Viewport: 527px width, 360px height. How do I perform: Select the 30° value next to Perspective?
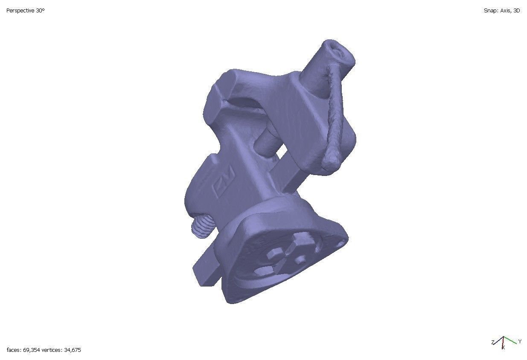point(40,11)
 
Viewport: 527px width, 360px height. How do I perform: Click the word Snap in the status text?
point(489,11)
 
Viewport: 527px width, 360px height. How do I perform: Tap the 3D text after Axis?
point(516,11)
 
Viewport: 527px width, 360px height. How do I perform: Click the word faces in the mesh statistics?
point(13,350)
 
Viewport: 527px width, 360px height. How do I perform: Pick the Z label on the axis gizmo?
point(492,342)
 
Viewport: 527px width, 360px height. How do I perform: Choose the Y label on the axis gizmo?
point(520,341)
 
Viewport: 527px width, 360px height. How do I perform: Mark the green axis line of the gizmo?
point(510,340)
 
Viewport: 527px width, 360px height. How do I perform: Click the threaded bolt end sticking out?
point(200,226)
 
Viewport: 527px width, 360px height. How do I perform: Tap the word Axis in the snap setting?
point(505,11)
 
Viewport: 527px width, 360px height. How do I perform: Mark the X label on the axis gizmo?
point(504,348)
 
